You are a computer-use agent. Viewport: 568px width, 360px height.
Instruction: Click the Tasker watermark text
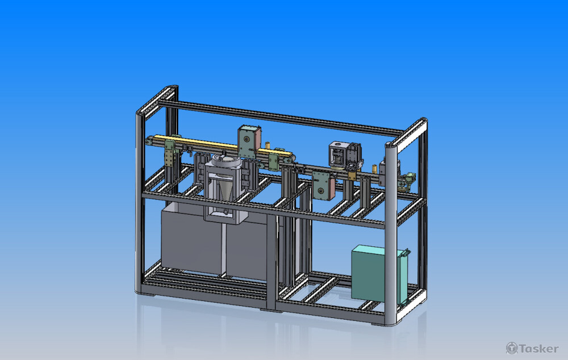(538, 349)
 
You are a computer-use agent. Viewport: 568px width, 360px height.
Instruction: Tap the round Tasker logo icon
(512, 348)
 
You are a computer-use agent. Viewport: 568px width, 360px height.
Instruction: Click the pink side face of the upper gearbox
(257, 139)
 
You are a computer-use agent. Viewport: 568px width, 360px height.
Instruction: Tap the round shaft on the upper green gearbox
(246, 140)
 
